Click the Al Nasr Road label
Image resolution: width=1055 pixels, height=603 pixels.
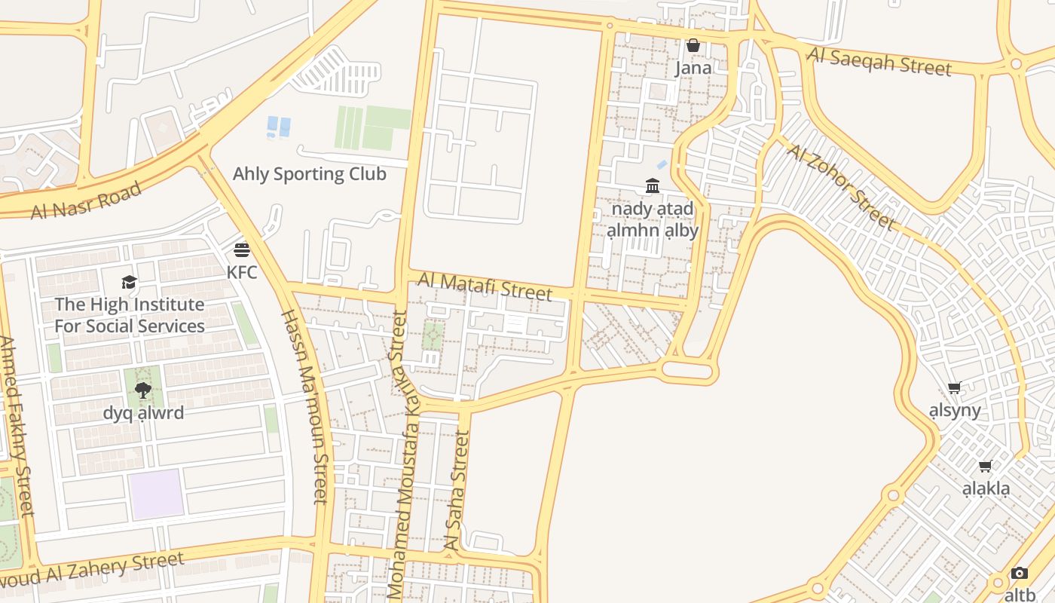point(86,200)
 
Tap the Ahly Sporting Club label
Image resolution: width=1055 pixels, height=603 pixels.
point(309,174)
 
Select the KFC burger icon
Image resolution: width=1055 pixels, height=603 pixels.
point(242,249)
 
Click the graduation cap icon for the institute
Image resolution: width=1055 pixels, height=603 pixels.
point(130,283)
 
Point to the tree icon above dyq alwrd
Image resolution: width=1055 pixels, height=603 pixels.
point(143,390)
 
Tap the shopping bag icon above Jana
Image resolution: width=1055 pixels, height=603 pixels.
point(693,46)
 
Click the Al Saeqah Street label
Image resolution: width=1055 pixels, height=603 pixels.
point(879,61)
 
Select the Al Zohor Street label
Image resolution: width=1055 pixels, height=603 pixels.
point(842,186)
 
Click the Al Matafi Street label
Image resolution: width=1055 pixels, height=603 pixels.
point(485,286)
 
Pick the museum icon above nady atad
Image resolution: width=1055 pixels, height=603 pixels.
point(653,185)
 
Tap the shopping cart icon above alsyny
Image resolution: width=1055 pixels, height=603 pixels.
point(955,388)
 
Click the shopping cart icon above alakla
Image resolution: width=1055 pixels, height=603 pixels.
point(986,467)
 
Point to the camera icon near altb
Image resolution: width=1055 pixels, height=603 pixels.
point(1019,574)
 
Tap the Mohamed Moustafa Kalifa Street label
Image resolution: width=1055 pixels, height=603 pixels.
point(398,456)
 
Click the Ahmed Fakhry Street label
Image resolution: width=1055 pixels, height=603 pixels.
point(16,427)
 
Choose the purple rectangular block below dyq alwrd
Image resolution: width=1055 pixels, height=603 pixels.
point(156,494)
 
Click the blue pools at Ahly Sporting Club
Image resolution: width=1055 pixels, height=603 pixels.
point(279,127)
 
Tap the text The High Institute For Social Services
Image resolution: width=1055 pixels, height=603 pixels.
point(130,315)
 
